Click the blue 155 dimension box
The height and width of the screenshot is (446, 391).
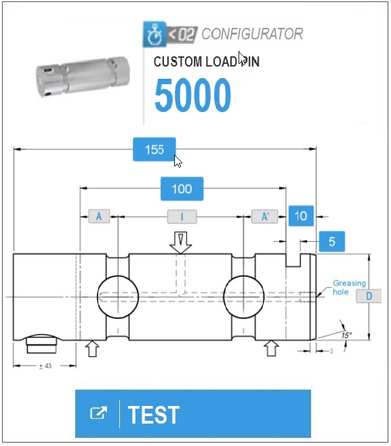pos(155,149)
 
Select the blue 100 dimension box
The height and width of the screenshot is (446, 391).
pos(182,189)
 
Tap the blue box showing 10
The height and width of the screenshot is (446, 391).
pos(301,216)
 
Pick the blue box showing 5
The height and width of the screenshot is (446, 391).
pos(332,242)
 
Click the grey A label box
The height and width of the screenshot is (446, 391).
pos(99,216)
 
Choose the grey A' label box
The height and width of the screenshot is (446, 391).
pos(265,216)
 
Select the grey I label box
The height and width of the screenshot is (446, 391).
pos(182,217)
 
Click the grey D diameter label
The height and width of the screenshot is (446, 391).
pos(369,296)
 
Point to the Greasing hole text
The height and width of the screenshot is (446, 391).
pos(349,287)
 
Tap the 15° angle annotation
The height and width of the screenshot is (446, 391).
pos(346,335)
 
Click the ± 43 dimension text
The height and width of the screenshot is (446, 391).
pos(45,366)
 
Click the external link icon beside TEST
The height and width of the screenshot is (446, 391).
pos(98,413)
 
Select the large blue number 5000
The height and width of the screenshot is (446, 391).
pos(193,95)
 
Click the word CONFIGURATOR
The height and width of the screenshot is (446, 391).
pos(252,34)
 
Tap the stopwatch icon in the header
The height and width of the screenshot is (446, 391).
pos(155,34)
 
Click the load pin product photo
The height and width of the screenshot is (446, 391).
pos(83,77)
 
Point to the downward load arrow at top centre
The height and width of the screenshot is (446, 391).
pos(181,242)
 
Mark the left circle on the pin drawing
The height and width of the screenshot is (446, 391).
pos(118,297)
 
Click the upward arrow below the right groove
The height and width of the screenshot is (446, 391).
pos(271,348)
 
